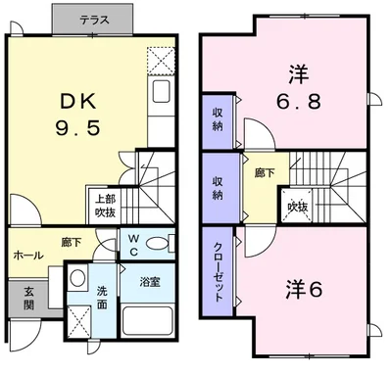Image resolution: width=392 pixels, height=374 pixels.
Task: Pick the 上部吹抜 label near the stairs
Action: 104,204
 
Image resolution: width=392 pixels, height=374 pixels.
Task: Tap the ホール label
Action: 27,255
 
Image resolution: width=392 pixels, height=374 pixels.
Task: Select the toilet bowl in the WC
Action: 168,244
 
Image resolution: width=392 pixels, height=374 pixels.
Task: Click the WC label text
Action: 134,244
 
